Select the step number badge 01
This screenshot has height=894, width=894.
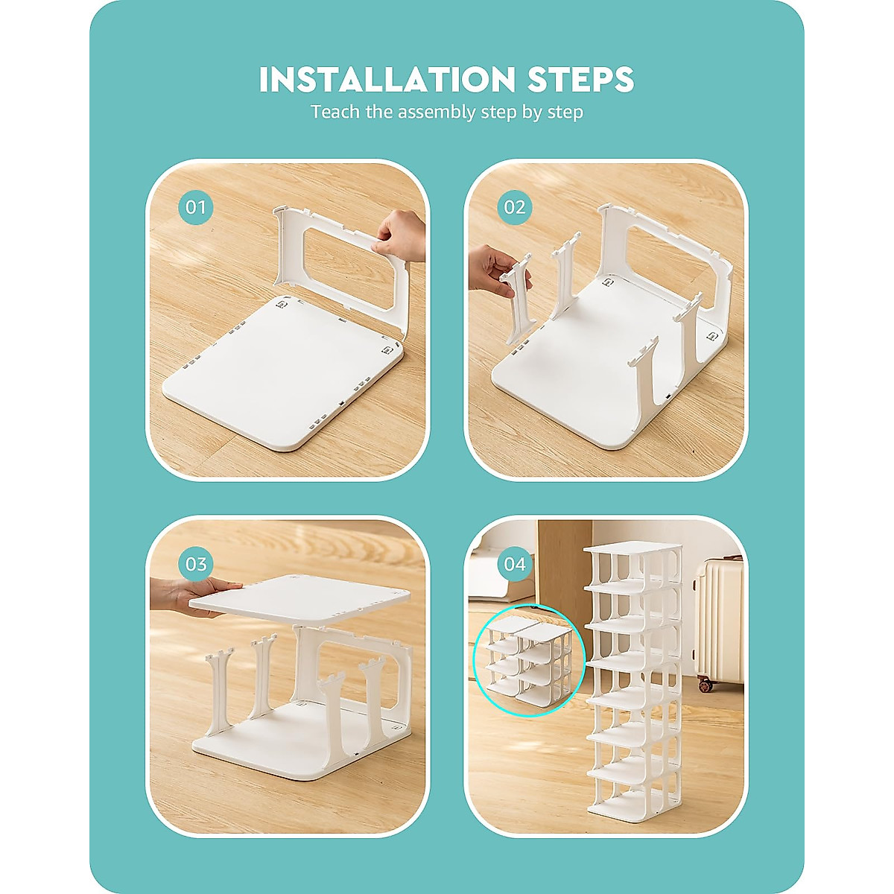pyautogui.click(x=196, y=206)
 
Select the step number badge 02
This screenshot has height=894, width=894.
pyautogui.click(x=515, y=206)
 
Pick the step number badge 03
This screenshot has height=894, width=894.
pyautogui.click(x=196, y=563)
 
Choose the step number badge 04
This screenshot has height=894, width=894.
pyautogui.click(x=515, y=563)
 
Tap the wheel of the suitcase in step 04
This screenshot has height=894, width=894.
pyautogui.click(x=703, y=682)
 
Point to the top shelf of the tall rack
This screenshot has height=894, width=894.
pyautogui.click(x=632, y=552)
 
